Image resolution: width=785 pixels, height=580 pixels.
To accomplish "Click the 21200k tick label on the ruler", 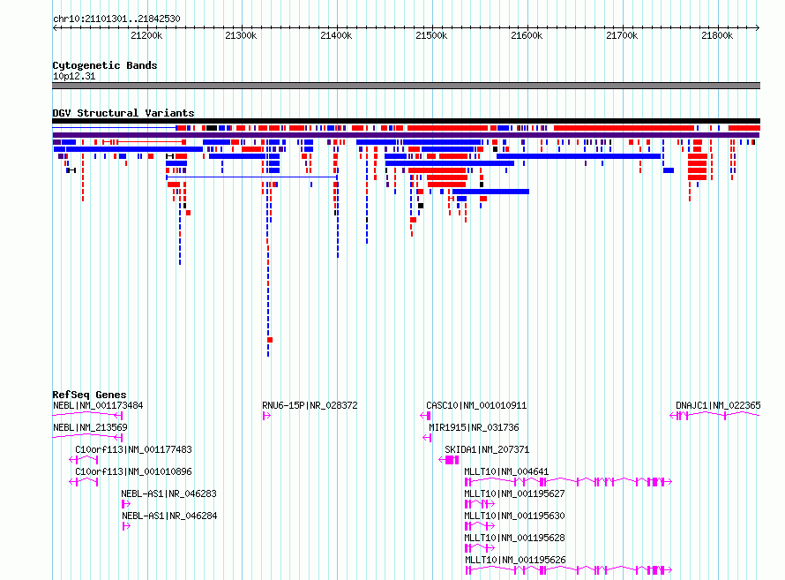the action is pos(146,35).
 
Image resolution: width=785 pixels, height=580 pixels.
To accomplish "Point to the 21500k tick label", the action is pos(431,35).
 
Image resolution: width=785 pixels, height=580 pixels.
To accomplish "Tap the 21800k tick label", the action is pos(717,35).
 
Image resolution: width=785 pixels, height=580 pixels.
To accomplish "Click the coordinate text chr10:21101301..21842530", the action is pos(116,19).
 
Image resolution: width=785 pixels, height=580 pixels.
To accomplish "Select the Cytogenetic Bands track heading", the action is pos(105,65).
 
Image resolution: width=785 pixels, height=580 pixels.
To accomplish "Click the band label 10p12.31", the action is pos(74,76).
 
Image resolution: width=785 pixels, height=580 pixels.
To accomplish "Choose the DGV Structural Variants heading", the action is pos(123,113).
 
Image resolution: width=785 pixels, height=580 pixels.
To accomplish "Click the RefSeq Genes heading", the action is pos(89,395).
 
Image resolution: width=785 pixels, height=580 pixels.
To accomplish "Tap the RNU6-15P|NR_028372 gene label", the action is pos(310,405).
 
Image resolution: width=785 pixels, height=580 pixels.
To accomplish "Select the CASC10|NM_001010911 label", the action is pos(476,405).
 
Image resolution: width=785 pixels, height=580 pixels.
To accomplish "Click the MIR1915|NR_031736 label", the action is pos(474,427).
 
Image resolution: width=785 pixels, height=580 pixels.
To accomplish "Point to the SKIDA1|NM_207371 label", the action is pos(487,449).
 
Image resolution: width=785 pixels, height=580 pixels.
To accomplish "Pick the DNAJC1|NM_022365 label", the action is pos(718,405).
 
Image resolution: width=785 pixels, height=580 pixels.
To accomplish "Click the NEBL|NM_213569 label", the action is pos(90,427).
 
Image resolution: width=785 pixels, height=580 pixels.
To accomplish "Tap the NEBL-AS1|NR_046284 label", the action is pos(169,516).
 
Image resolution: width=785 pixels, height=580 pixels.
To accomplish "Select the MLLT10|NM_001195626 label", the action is pos(515,560).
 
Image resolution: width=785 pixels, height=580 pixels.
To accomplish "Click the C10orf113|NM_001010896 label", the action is pos(133,471).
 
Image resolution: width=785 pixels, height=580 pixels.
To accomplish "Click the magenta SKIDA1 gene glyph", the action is pos(449,460).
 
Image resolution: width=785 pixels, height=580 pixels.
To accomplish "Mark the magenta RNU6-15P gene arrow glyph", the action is pos(267,416).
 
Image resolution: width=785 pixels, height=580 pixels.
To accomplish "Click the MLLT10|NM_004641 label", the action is pos(506,471).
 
